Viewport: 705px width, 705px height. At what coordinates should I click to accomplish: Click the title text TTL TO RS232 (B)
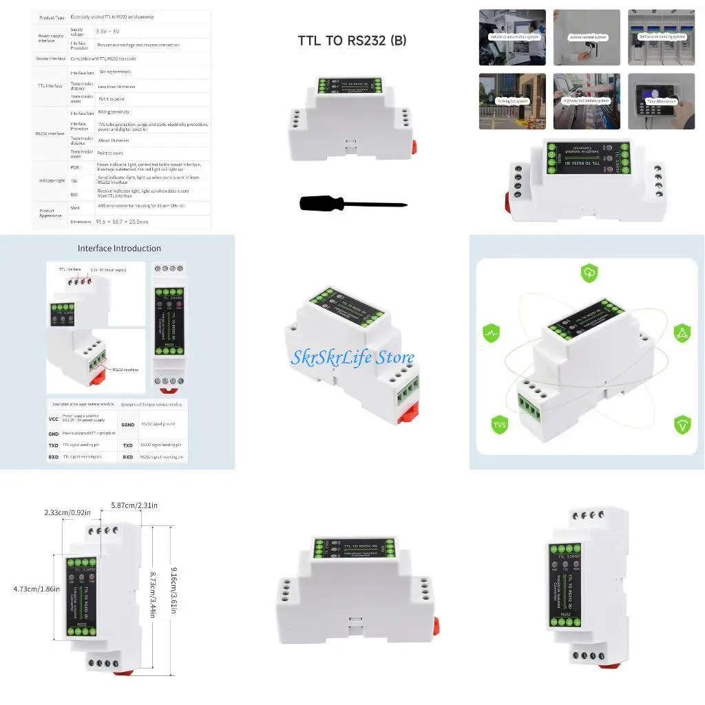pos(352,41)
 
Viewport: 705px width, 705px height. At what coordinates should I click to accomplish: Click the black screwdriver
pos(353,203)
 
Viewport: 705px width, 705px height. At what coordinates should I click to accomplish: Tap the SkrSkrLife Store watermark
pos(352,357)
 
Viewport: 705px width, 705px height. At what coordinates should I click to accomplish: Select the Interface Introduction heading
pos(119,249)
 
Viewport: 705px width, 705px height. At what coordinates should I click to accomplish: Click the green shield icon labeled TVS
pos(500,424)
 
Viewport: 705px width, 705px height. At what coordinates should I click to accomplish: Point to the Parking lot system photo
pos(512,101)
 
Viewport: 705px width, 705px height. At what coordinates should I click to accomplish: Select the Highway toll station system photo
pos(587,101)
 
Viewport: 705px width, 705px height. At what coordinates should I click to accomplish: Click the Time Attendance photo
pos(661,101)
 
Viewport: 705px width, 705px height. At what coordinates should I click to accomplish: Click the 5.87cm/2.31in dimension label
pos(134,505)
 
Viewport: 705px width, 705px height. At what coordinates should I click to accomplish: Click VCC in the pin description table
pos(54,419)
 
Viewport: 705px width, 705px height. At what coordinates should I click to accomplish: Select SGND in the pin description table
pos(128,425)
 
